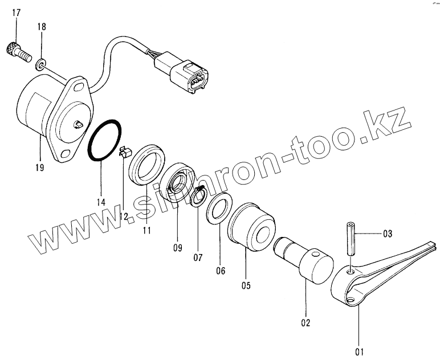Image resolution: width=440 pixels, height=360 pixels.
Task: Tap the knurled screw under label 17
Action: coord(18,52)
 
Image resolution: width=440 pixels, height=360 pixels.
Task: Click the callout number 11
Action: coord(146,231)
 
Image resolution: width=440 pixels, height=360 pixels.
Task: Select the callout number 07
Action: coord(198,257)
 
